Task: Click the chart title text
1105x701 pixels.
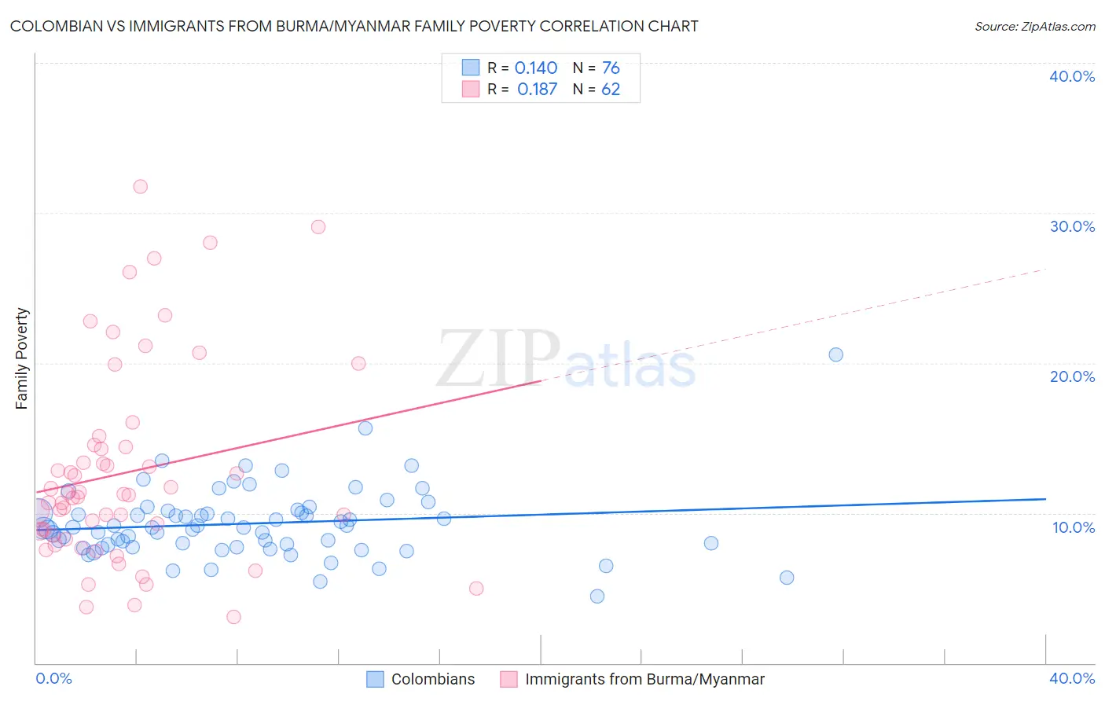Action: click(354, 26)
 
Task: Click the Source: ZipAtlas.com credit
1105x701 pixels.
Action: click(1034, 26)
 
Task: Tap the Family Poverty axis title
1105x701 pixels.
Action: click(21, 358)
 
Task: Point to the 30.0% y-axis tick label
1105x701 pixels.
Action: click(1072, 226)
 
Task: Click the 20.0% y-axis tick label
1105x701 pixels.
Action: click(1072, 376)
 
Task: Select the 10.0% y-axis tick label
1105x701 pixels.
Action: click(1072, 527)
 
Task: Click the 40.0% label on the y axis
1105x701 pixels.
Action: click(1072, 76)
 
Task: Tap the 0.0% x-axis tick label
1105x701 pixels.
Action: click(53, 678)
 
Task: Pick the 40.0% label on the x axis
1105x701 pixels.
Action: click(1072, 678)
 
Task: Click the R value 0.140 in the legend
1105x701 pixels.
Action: click(536, 68)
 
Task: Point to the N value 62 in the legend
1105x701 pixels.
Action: click(611, 90)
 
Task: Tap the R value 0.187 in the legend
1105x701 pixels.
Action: click(537, 90)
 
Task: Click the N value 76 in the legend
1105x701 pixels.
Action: click(611, 68)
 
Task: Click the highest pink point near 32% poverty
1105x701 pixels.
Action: click(140, 186)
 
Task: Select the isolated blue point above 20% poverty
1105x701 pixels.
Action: click(835, 354)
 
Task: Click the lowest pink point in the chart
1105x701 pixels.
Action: click(233, 617)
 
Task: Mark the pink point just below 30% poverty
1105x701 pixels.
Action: click(318, 227)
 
